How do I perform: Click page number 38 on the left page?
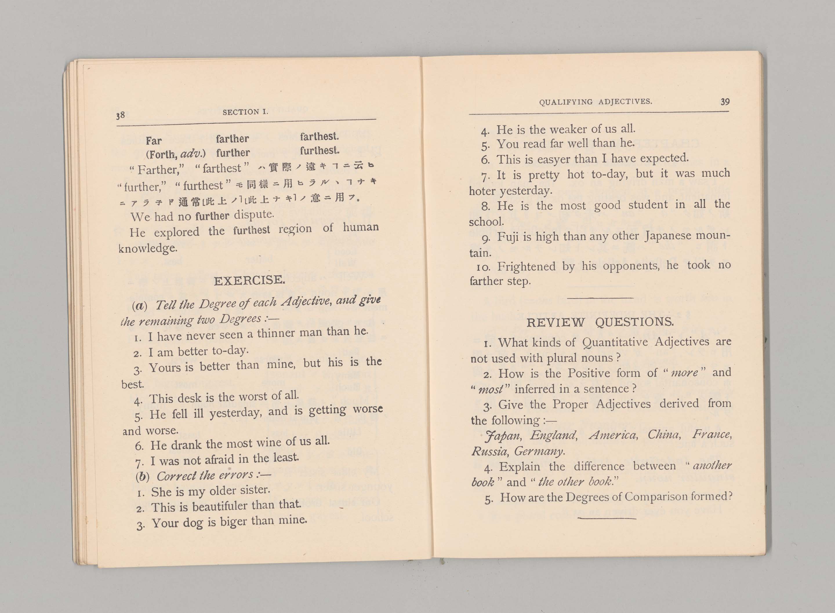click(120, 115)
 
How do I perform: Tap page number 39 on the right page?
click(725, 101)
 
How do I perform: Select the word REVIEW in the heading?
click(556, 322)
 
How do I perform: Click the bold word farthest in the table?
click(319, 136)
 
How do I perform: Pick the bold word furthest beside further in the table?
click(319, 151)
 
